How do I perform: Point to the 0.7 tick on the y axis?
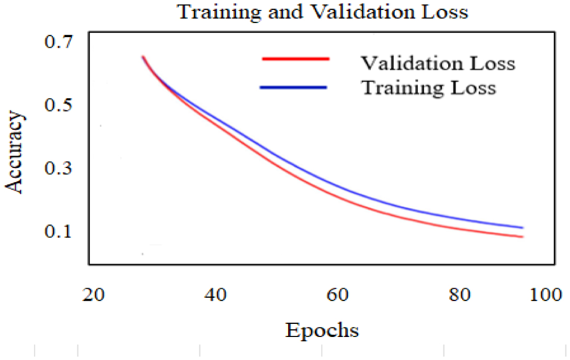coord(58,42)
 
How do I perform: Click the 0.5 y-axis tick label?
coord(58,105)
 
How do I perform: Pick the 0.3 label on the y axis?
coord(58,168)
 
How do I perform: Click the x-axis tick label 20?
coord(94,295)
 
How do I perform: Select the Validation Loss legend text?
coord(437,63)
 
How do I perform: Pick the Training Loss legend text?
coord(428,87)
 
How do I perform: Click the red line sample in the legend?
coord(295,60)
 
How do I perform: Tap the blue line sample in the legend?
coord(293,87)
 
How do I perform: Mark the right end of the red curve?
coord(522,237)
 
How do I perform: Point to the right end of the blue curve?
coord(522,228)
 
